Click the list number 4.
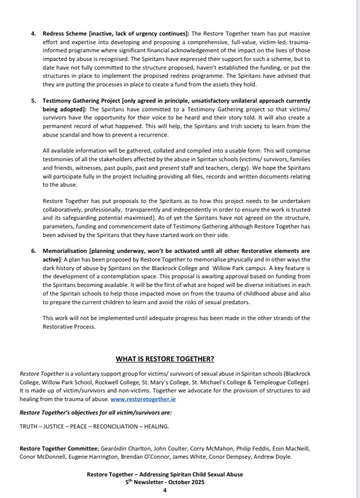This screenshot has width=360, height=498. [33, 34]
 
